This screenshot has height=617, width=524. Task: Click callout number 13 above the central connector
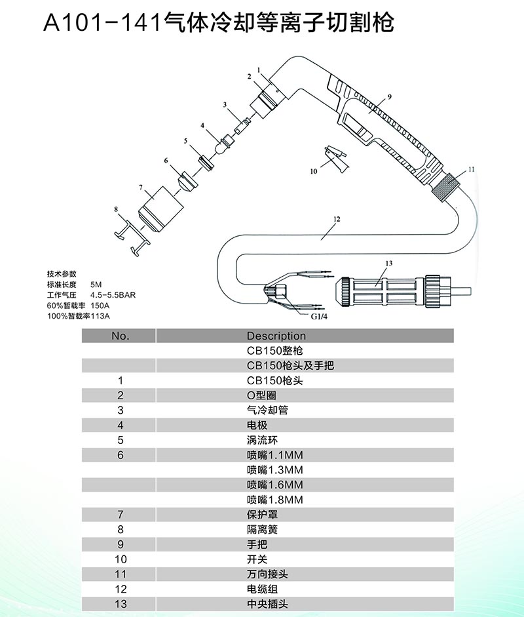pos(389,263)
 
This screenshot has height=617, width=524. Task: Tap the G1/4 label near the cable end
pos(319,317)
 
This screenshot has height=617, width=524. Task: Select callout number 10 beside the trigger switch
pos(314,172)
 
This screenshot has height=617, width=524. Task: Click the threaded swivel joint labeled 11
pos(447,185)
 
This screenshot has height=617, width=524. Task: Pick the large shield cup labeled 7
pos(161,209)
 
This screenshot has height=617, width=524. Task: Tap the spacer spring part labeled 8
pos(133,237)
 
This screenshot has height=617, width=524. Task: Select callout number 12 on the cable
pos(337,219)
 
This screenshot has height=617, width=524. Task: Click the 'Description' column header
pos(276,336)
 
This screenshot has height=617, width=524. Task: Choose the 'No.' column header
pos(121,336)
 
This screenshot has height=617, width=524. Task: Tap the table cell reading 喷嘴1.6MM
pos(275,485)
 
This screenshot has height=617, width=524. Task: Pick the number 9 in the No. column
pos(121,545)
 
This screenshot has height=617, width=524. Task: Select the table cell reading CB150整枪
pos(275,351)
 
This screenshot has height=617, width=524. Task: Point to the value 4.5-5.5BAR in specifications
pos(113,295)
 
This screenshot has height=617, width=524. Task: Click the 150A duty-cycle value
pos(100,306)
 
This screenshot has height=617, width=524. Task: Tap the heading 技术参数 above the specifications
pos(62,274)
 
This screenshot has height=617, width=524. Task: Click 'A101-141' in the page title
pos(102,23)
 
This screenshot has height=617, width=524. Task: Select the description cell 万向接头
pos(267,574)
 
